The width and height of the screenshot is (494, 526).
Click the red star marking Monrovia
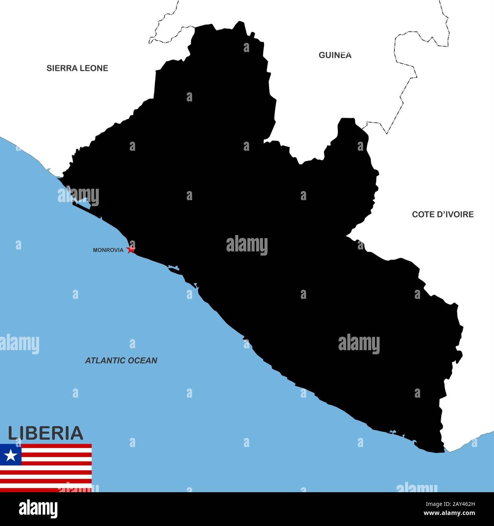(131, 249)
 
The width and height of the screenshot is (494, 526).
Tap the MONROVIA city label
(108, 250)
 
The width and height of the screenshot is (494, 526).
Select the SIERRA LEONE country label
(77, 68)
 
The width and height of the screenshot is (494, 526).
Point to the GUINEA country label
(335, 55)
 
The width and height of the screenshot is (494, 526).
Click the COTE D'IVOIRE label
(443, 215)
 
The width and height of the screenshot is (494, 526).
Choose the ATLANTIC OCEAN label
(121, 361)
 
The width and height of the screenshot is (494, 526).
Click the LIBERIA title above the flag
(45, 433)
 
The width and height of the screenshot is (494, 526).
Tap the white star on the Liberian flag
(11, 455)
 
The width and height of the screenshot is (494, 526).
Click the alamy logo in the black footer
(38, 509)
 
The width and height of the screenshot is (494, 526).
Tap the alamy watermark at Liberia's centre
(247, 245)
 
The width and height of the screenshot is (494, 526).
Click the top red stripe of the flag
(57, 446)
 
